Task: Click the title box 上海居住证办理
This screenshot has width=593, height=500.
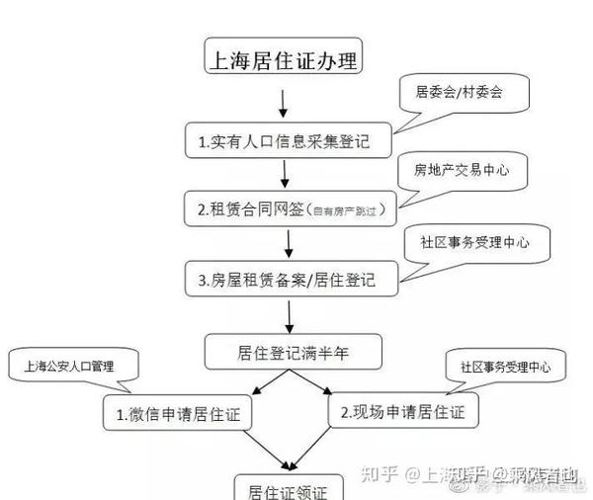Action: click(x=282, y=60)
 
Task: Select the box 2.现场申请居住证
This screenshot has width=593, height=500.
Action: click(x=401, y=408)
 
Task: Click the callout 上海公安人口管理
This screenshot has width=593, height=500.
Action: click(x=75, y=366)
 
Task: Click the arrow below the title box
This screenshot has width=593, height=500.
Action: click(x=284, y=102)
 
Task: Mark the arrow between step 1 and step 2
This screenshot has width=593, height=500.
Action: click(x=284, y=174)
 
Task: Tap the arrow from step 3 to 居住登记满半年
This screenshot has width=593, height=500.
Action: click(x=290, y=313)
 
